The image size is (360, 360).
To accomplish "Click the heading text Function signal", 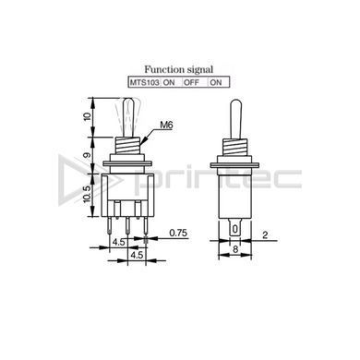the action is (179, 69).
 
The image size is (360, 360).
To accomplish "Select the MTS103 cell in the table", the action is (144, 82).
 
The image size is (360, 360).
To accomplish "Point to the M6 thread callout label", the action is (166, 125).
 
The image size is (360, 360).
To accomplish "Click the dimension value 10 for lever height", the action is (88, 116).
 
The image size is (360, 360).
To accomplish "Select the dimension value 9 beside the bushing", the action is (88, 155).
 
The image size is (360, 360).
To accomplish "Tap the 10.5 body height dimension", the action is (88, 194).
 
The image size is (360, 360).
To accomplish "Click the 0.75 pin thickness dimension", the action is (178, 233).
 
